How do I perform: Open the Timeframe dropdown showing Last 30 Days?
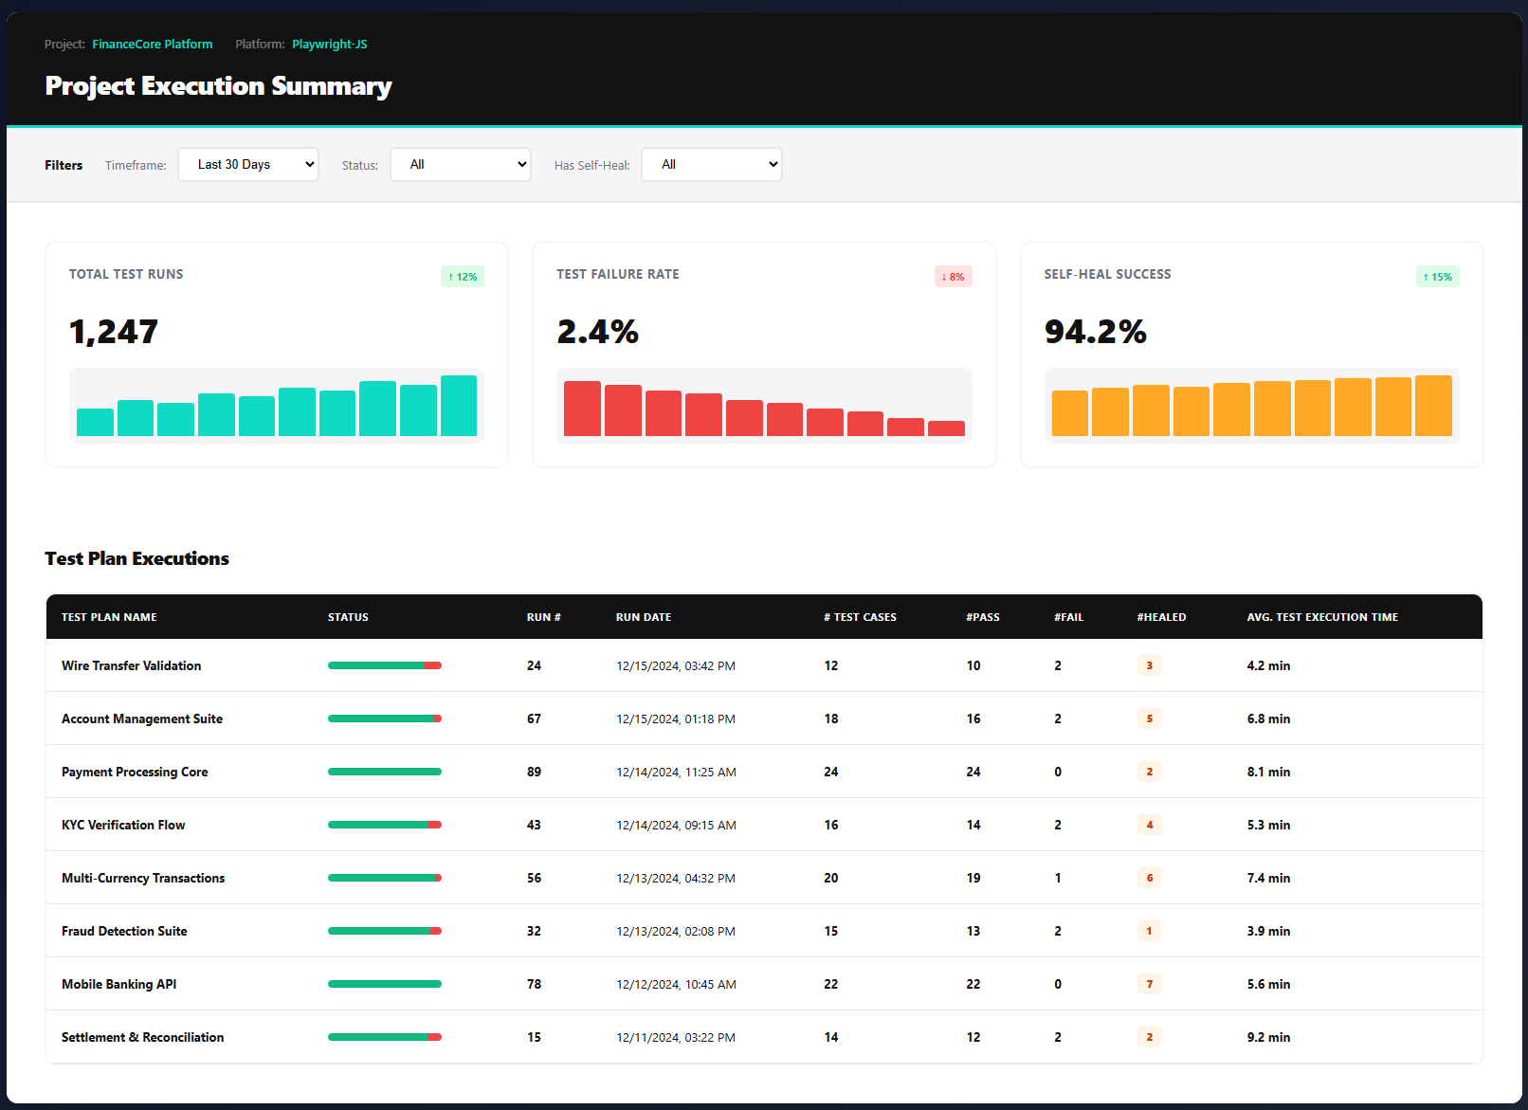pyautogui.click(x=248, y=164)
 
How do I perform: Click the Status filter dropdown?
pyautogui.click(x=461, y=164)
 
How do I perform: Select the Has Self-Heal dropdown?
pyautogui.click(x=712, y=164)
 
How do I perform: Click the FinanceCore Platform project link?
pyautogui.click(x=153, y=44)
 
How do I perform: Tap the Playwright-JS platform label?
pyautogui.click(x=330, y=44)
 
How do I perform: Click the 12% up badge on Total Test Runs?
pyautogui.click(x=463, y=277)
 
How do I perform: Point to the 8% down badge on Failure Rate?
pyautogui.click(x=954, y=277)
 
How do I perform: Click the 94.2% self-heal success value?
pyautogui.click(x=1096, y=332)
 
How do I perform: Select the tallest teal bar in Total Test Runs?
pyautogui.click(x=459, y=406)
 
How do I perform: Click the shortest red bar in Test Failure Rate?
pyautogui.click(x=946, y=428)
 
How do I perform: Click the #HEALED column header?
pyautogui.click(x=1161, y=617)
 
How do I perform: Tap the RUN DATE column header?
pyautogui.click(x=644, y=617)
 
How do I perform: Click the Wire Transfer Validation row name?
pyautogui.click(x=132, y=665)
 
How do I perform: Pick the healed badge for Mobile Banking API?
pyautogui.click(x=1150, y=984)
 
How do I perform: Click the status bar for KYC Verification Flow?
pyautogui.click(x=385, y=825)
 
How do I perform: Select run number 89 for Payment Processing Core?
pyautogui.click(x=535, y=772)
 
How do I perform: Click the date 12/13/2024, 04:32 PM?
pyautogui.click(x=676, y=878)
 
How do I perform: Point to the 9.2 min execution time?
pyautogui.click(x=1268, y=1037)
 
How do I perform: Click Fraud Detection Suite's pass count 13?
pyautogui.click(x=973, y=931)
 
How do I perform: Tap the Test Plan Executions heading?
pyautogui.click(x=137, y=558)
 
